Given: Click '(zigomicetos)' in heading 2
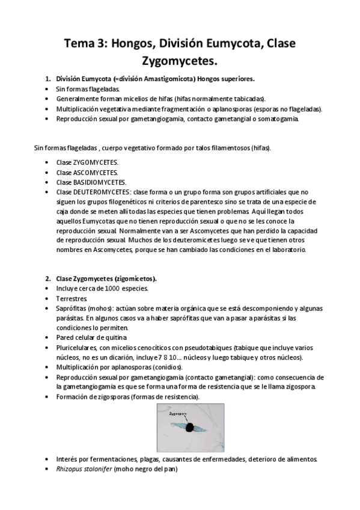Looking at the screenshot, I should click(136, 278).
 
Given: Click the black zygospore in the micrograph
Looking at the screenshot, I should click(190, 428).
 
